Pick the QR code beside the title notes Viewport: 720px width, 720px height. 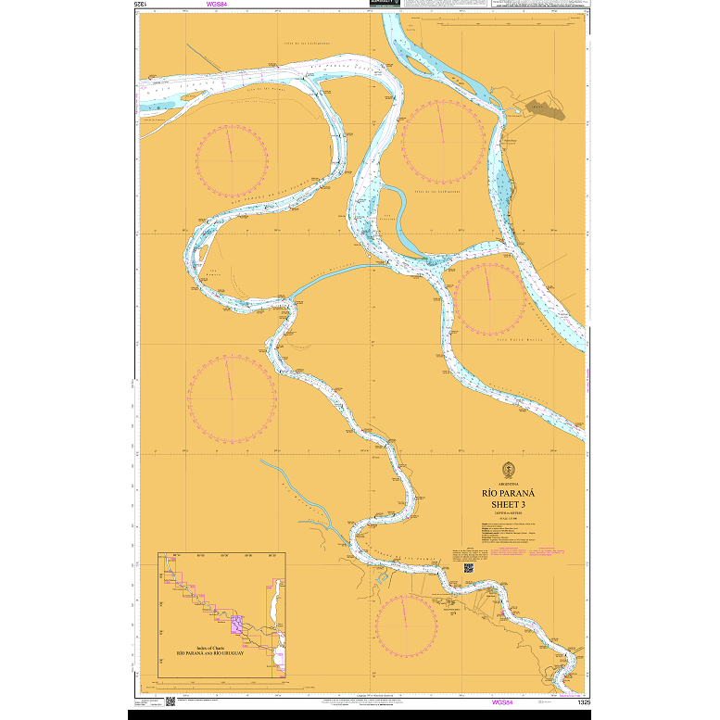(x=469, y=567)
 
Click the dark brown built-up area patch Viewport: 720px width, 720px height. (x=546, y=109)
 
